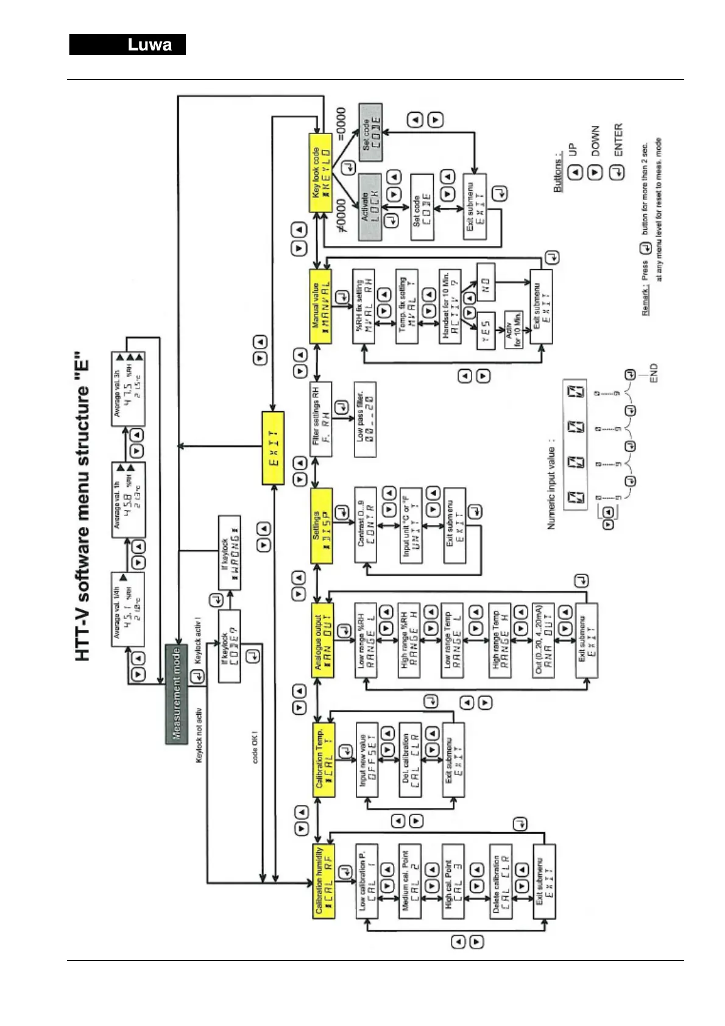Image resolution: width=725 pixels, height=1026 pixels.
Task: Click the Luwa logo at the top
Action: coord(127,45)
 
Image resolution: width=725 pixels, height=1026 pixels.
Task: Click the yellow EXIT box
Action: coord(273,448)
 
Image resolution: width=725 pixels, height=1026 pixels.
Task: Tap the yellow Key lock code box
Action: coord(321,172)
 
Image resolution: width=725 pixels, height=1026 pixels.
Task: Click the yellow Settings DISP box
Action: coord(322,526)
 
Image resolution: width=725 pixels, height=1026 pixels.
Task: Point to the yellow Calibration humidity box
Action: coord(324,881)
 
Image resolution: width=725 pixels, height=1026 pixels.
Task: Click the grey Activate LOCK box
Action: coord(370,207)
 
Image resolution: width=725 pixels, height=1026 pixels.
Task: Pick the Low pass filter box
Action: coord(365,420)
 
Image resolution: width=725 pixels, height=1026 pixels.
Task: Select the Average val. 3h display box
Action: coord(127,388)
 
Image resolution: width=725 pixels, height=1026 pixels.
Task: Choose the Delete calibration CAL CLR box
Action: coord(501,881)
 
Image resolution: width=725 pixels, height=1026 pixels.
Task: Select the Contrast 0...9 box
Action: coord(366,525)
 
